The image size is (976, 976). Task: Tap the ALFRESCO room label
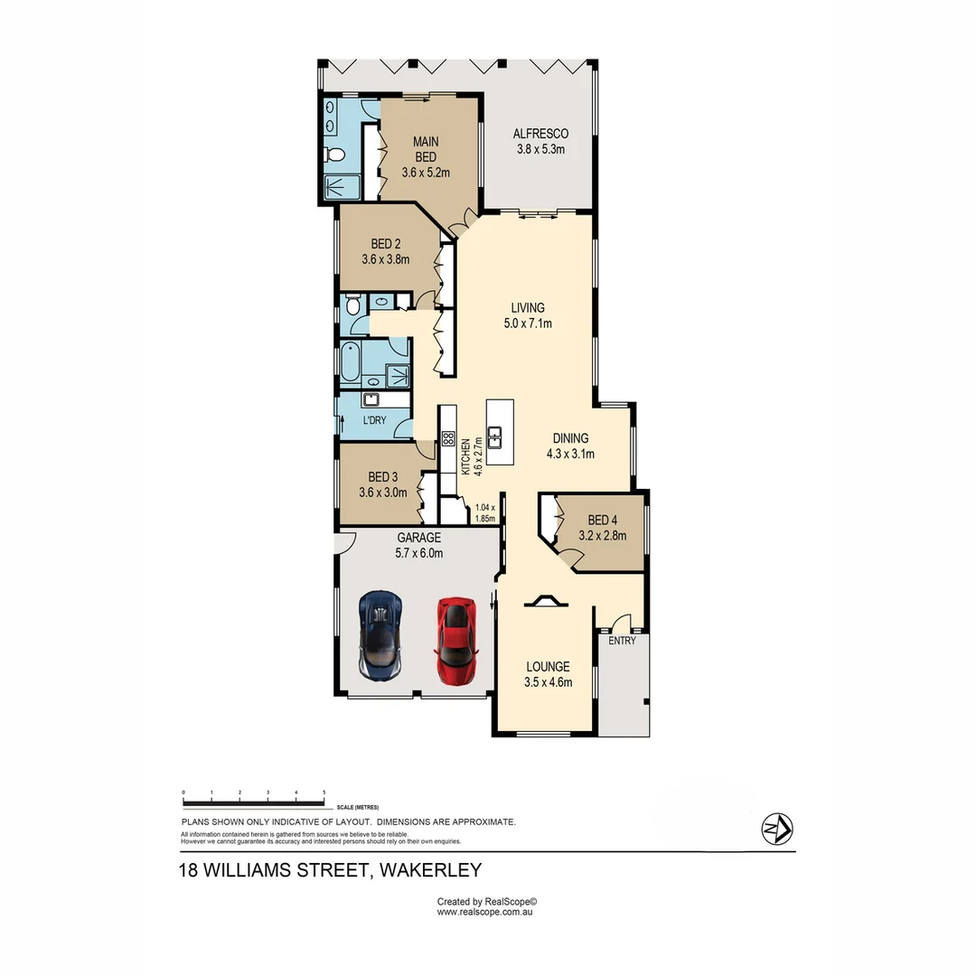pyautogui.click(x=540, y=142)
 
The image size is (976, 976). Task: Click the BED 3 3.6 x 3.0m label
pyautogui.click(x=382, y=484)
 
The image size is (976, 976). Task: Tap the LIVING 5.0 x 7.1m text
pyautogui.click(x=527, y=315)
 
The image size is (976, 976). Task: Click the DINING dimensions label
pyautogui.click(x=571, y=455)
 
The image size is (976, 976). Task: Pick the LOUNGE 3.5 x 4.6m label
pyautogui.click(x=549, y=674)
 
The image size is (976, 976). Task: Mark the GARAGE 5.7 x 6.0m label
pyautogui.click(x=418, y=546)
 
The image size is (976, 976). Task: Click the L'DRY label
pyautogui.click(x=374, y=421)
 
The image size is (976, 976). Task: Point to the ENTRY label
pyautogui.click(x=623, y=641)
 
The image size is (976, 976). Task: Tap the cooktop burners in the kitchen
pyautogui.click(x=447, y=439)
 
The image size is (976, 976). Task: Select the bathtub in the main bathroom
pyautogui.click(x=349, y=364)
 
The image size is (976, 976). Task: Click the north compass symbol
pyautogui.click(x=776, y=826)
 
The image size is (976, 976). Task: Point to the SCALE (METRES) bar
pyautogui.click(x=254, y=802)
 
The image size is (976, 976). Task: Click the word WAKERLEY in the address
pyautogui.click(x=431, y=871)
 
